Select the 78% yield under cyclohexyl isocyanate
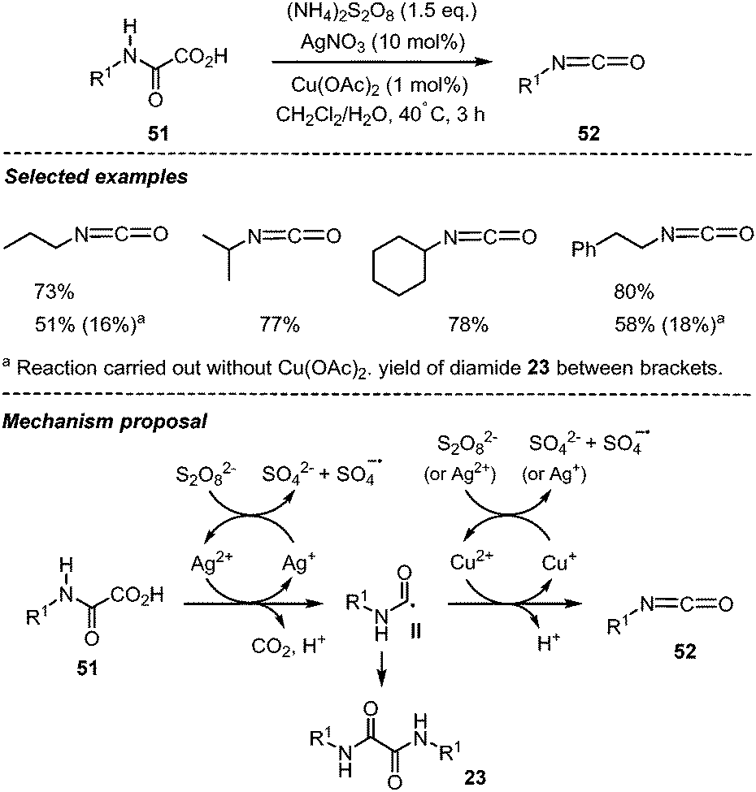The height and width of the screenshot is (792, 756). pyautogui.click(x=468, y=326)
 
